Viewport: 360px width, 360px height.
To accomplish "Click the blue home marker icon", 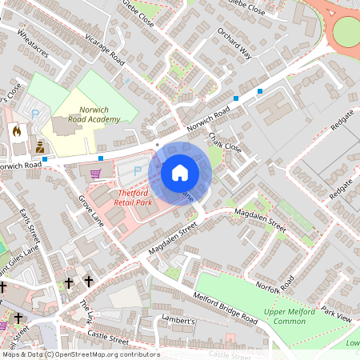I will coord(180,173).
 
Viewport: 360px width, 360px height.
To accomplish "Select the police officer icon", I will coord(40,146).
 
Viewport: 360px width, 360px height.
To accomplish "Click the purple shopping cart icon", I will coord(96,173).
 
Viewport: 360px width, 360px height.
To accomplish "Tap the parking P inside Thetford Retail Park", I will coord(138,170).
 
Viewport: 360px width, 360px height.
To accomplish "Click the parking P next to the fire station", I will coord(35,114).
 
